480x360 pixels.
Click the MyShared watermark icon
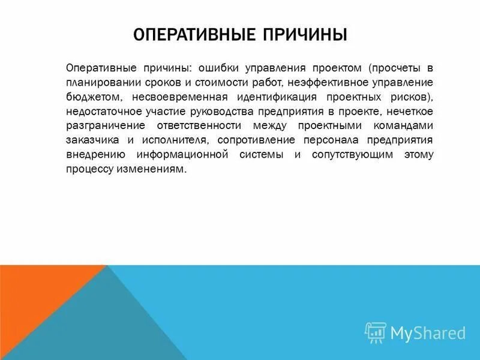376,332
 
